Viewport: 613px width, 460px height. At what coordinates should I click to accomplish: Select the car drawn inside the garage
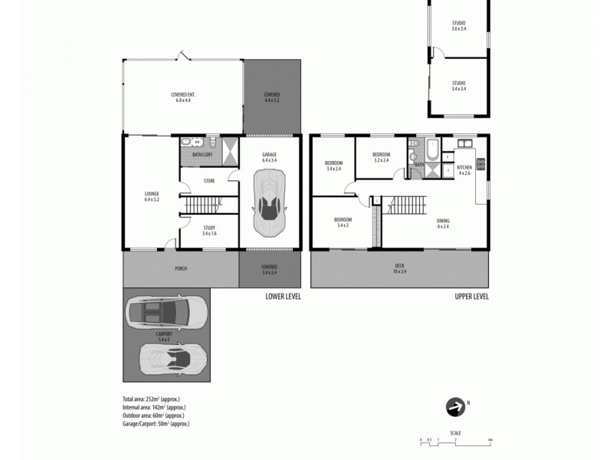pyautogui.click(x=270, y=202)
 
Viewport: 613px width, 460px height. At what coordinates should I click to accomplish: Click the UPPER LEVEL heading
pyautogui.click(x=471, y=297)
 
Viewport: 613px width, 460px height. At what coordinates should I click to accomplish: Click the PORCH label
pyautogui.click(x=181, y=268)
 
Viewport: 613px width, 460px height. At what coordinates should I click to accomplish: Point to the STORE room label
pyautogui.click(x=209, y=181)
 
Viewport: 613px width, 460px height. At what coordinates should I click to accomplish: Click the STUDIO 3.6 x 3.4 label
pyautogui.click(x=458, y=25)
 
